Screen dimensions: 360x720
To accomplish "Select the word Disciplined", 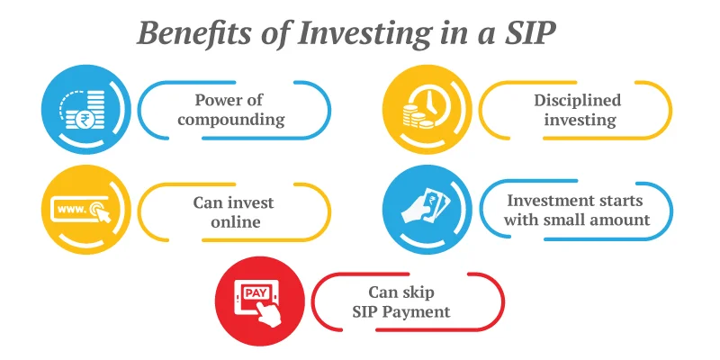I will click(577, 99).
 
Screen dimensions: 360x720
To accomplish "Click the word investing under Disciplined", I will click(577, 119).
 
